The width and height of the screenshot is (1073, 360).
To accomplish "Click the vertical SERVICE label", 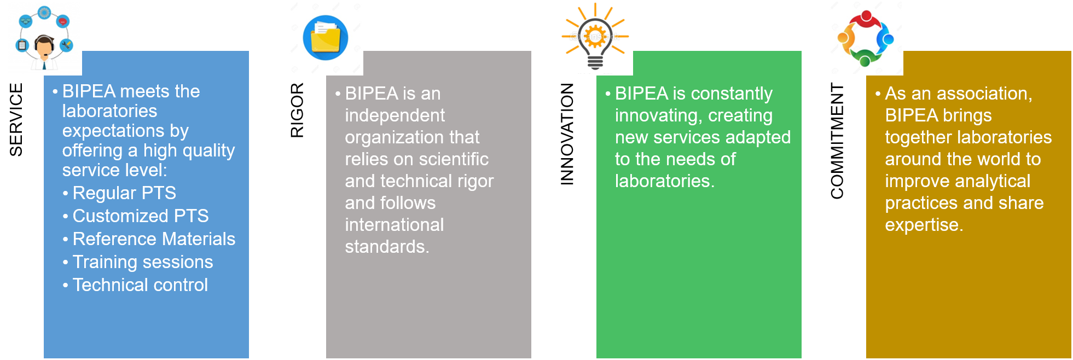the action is pyautogui.click(x=16, y=120).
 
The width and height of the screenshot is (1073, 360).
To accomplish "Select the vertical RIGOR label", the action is pyautogui.click(x=297, y=110).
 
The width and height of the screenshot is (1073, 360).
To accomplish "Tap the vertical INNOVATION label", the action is pyautogui.click(x=567, y=134).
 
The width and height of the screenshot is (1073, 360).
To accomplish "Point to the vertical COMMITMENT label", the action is pyautogui.click(x=837, y=141).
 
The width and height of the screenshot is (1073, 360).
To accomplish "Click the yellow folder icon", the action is pyautogui.click(x=326, y=38).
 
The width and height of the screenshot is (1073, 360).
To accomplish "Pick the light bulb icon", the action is pyautogui.click(x=595, y=37).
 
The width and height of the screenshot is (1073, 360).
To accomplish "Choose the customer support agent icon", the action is pyautogui.click(x=44, y=38).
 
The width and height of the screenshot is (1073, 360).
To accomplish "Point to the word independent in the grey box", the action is pyautogui.click(x=395, y=115).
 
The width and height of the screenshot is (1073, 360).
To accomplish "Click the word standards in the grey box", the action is pyautogui.click(x=387, y=247).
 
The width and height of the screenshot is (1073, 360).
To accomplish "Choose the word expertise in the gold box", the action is pyautogui.click(x=924, y=225).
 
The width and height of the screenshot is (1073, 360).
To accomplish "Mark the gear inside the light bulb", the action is pyautogui.click(x=595, y=37).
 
